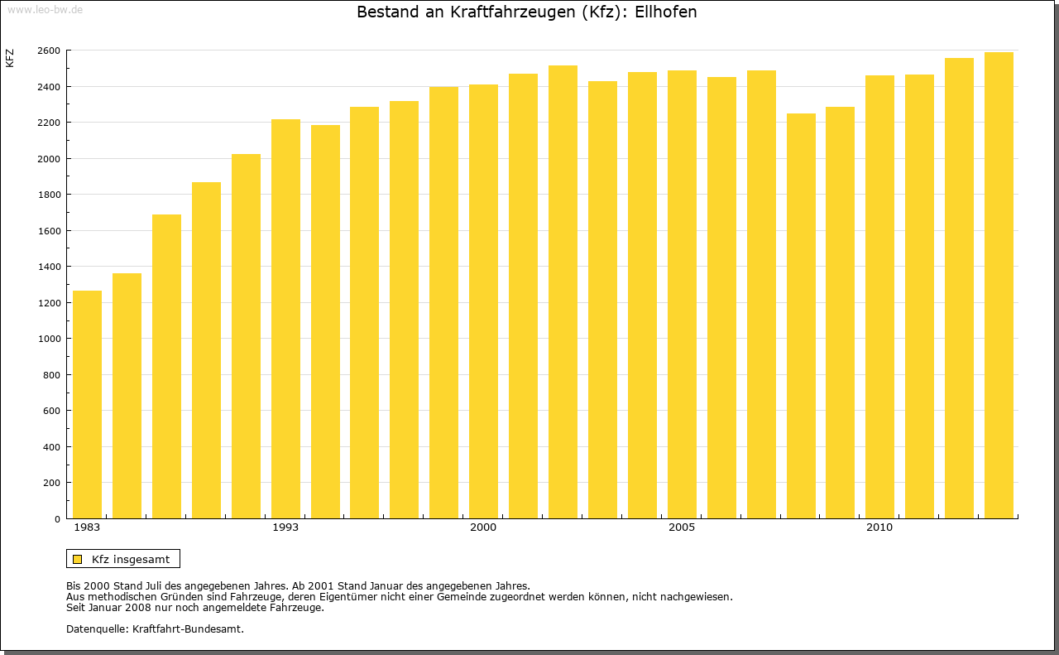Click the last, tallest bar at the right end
999,285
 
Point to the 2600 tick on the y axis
49,51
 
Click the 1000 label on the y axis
49,339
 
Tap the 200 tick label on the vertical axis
51,483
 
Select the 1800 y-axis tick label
49,195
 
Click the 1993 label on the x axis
285,527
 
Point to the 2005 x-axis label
682,527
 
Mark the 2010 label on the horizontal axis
879,527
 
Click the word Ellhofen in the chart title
665,12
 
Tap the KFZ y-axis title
10,58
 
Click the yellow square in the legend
77,559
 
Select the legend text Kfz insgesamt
131,559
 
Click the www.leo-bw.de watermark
45,9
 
